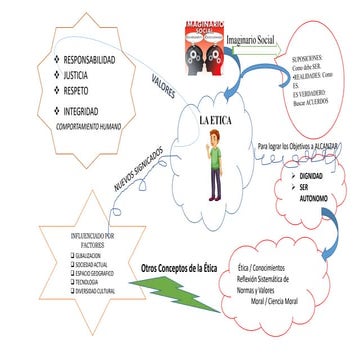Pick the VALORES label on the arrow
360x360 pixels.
click(165, 78)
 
